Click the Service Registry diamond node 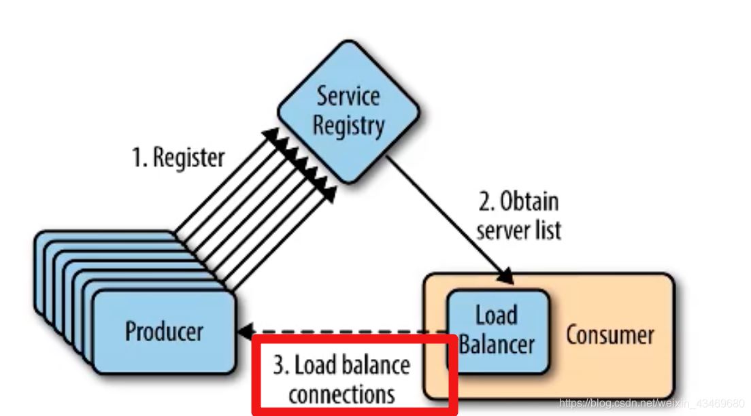(348, 112)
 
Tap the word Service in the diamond (348, 96)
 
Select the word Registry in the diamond (348, 126)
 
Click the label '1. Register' (178, 158)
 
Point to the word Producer (164, 331)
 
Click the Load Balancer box (497, 330)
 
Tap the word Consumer (610, 334)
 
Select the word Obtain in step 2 (529, 202)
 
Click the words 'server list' (518, 230)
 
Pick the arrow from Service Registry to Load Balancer (449, 218)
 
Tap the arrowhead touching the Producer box (244, 332)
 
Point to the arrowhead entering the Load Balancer (507, 277)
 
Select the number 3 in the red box (278, 366)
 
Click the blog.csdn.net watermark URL (651, 403)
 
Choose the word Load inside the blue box (497, 315)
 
